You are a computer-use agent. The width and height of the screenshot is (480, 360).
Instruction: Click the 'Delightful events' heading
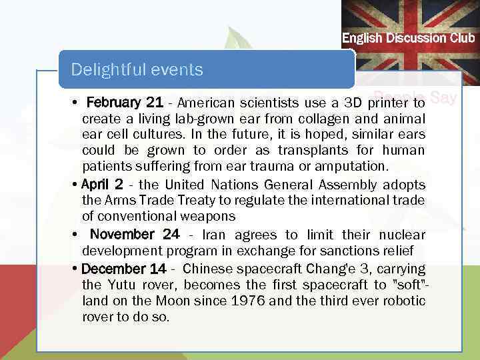137,69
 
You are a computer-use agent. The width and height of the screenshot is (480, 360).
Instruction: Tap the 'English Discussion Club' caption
408,38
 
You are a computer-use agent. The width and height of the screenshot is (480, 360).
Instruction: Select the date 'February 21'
125,103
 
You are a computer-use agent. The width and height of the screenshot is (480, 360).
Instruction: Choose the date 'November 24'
135,235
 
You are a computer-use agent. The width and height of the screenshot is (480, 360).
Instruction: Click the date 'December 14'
123,269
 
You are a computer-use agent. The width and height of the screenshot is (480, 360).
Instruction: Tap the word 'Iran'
213,235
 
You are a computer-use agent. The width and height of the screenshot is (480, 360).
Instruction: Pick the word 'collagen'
293,119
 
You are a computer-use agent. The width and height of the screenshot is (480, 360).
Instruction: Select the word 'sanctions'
350,251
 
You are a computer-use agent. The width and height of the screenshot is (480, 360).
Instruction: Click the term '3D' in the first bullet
353,103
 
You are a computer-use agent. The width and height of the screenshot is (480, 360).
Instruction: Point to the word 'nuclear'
402,235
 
